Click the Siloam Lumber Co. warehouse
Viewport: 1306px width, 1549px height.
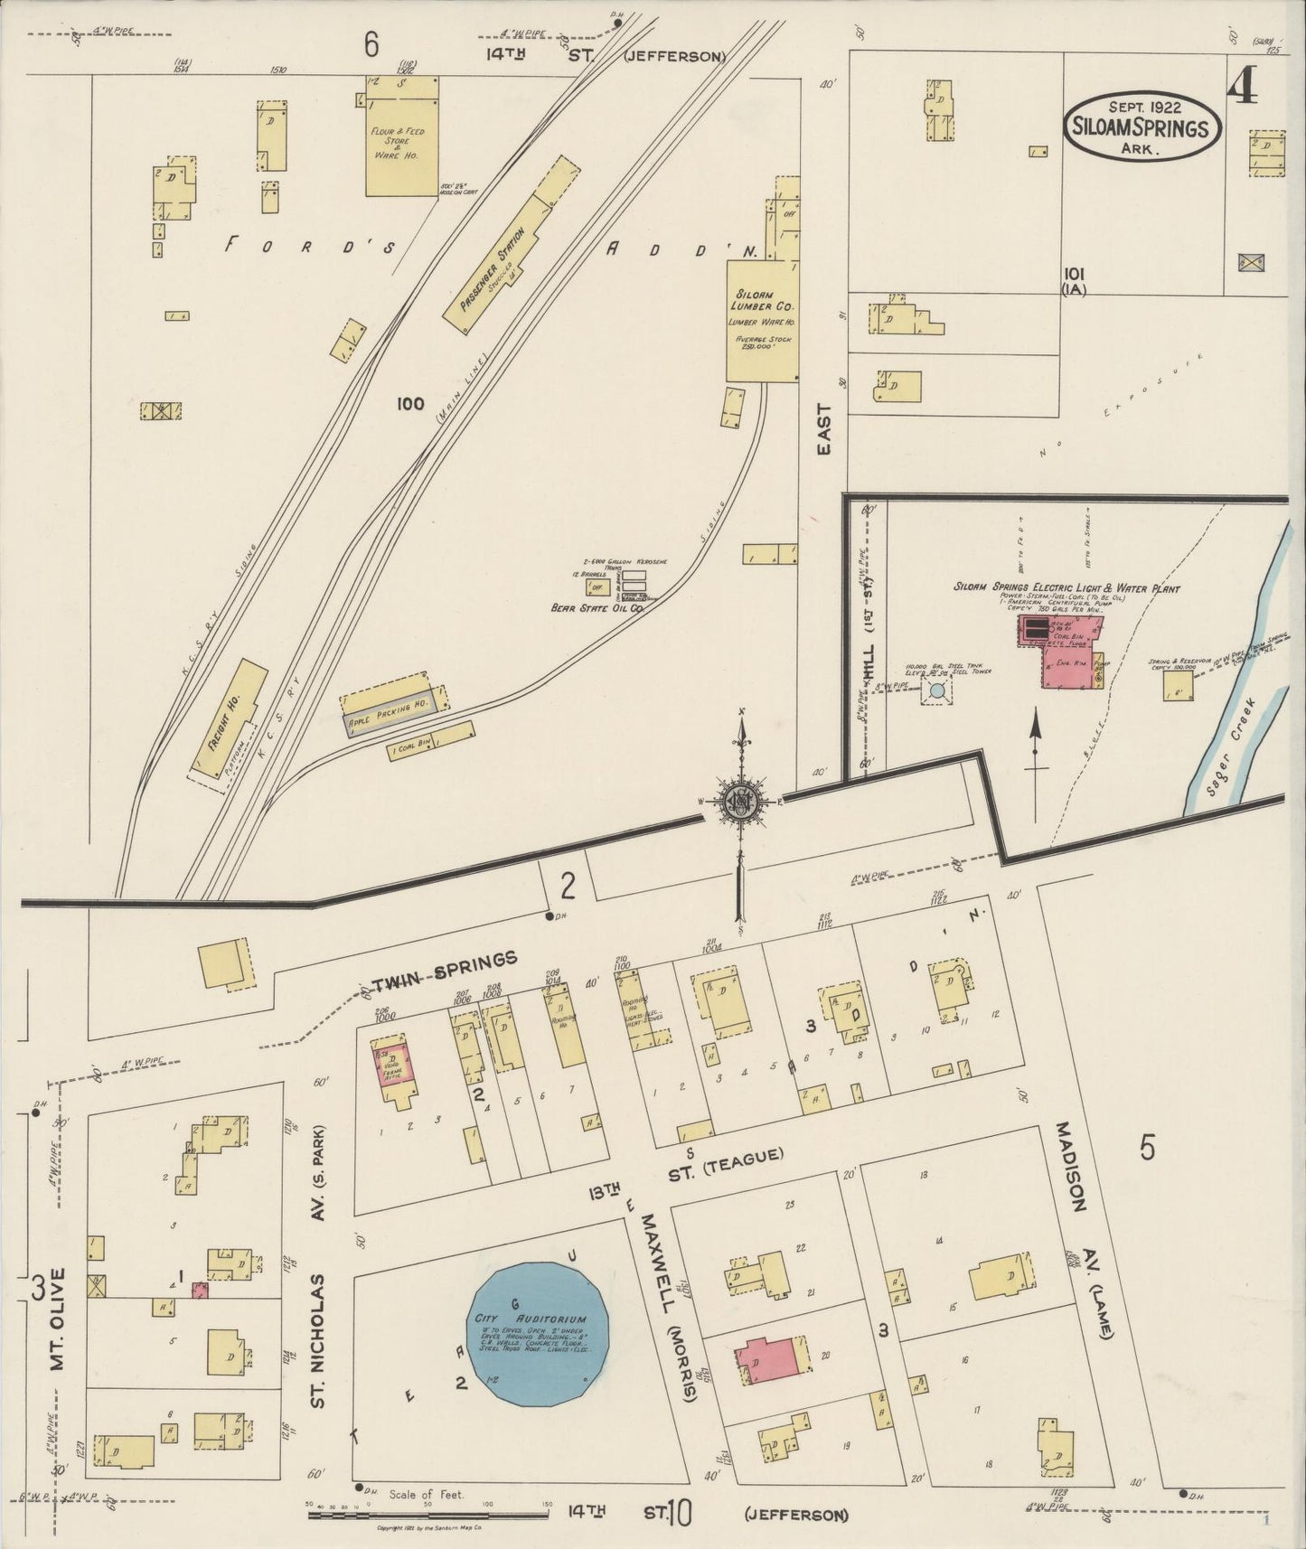coord(763,321)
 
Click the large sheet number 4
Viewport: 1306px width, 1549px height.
coord(1243,86)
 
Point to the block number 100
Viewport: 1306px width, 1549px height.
coord(409,404)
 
